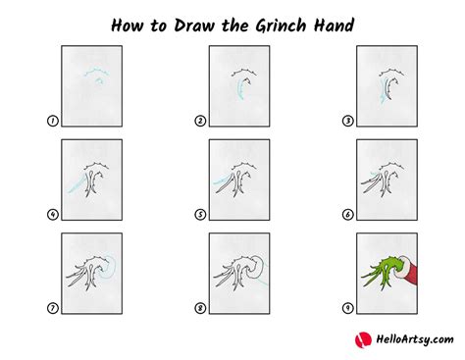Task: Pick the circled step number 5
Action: pyautogui.click(x=199, y=214)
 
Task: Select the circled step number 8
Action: pyautogui.click(x=199, y=307)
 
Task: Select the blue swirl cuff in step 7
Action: pyautogui.click(x=110, y=263)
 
